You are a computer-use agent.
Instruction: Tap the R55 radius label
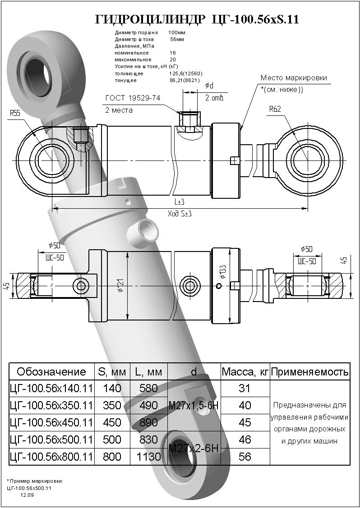tap(15, 114)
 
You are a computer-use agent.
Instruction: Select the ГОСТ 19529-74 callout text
tap(133, 98)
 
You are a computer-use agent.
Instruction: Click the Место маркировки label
tap(294, 78)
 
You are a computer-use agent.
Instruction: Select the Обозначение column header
tap(51, 371)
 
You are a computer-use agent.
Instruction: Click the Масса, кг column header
tap(245, 372)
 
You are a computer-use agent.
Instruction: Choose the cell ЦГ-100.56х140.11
tap(51, 388)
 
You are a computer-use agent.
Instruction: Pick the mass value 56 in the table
tap(245, 457)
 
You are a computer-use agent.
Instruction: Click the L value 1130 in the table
tap(148, 457)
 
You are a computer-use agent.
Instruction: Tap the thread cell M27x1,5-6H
tap(194, 405)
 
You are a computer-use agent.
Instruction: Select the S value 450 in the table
tap(112, 422)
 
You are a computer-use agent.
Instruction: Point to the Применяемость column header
tap(309, 372)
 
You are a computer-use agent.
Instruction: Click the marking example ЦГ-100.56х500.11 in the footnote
tap(29, 488)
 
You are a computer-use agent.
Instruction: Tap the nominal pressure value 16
tap(173, 53)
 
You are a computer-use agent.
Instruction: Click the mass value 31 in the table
tap(245, 388)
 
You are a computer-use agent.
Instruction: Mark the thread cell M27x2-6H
tap(194, 448)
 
